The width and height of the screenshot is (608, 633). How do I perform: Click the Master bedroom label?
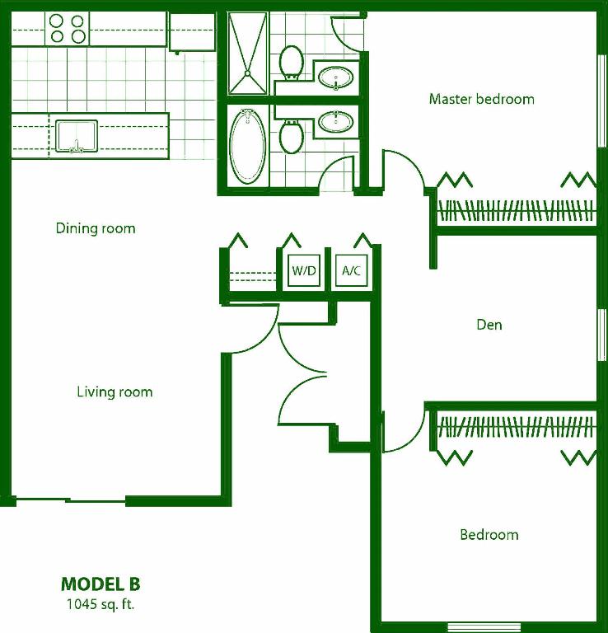(481, 99)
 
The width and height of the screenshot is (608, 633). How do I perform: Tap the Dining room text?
(96, 228)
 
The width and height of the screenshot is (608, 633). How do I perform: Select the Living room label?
(115, 392)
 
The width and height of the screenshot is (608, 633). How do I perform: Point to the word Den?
(489, 325)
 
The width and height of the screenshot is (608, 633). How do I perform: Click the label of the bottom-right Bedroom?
(489, 535)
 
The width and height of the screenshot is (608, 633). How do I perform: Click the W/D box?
(304, 270)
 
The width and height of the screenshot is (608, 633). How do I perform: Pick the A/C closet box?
(351, 270)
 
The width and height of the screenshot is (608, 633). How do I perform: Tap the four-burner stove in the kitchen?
(68, 28)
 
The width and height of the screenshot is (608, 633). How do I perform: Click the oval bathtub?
(246, 148)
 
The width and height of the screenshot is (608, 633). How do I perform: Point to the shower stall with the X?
(248, 52)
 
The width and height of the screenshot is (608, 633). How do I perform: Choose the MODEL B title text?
(101, 584)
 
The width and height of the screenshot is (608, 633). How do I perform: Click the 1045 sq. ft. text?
(101, 605)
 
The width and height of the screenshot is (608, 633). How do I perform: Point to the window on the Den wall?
(600, 334)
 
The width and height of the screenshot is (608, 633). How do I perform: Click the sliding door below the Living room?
(69, 499)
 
